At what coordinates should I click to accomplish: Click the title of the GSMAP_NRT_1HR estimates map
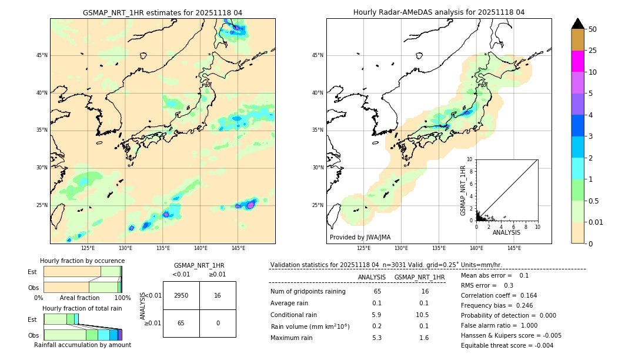click(162, 12)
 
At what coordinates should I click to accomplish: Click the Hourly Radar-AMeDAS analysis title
click(439, 12)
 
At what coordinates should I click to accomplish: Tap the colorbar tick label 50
click(593, 29)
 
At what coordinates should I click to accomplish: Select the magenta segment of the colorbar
click(577, 61)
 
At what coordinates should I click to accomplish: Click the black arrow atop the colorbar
click(577, 24)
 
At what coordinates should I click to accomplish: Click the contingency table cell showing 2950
click(181, 295)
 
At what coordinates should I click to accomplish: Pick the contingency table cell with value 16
click(218, 295)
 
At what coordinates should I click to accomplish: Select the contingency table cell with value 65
click(181, 323)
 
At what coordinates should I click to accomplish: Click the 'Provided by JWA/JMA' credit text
click(360, 237)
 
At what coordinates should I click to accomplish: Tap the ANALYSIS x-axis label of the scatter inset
click(506, 233)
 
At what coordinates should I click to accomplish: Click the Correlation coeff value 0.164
click(524, 295)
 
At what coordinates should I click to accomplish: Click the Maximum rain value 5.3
click(377, 338)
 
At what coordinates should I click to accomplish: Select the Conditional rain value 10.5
click(423, 315)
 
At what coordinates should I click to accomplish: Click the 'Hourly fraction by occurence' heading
click(82, 261)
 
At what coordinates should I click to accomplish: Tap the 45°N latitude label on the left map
click(42, 55)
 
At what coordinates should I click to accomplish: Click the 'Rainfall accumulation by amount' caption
click(82, 345)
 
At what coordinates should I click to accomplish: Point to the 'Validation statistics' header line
click(386, 265)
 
